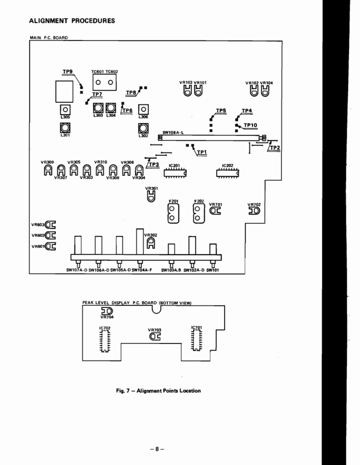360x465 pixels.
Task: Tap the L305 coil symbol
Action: tap(65, 110)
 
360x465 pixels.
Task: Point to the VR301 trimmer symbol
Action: tap(152, 198)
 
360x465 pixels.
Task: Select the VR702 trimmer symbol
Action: tap(253, 211)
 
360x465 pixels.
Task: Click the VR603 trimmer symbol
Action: tap(50, 225)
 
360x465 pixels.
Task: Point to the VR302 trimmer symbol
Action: tap(151, 243)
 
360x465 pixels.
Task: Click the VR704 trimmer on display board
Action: tap(107, 311)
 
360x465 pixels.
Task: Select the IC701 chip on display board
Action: tap(197, 339)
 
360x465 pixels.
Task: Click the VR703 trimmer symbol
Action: tap(154, 337)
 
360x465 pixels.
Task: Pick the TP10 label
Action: tap(251, 125)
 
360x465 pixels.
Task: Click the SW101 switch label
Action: tap(212, 270)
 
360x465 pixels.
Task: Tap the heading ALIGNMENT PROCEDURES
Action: tap(72, 21)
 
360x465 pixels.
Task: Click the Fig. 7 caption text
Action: tap(158, 390)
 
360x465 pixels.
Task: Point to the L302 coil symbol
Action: tap(143, 128)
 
